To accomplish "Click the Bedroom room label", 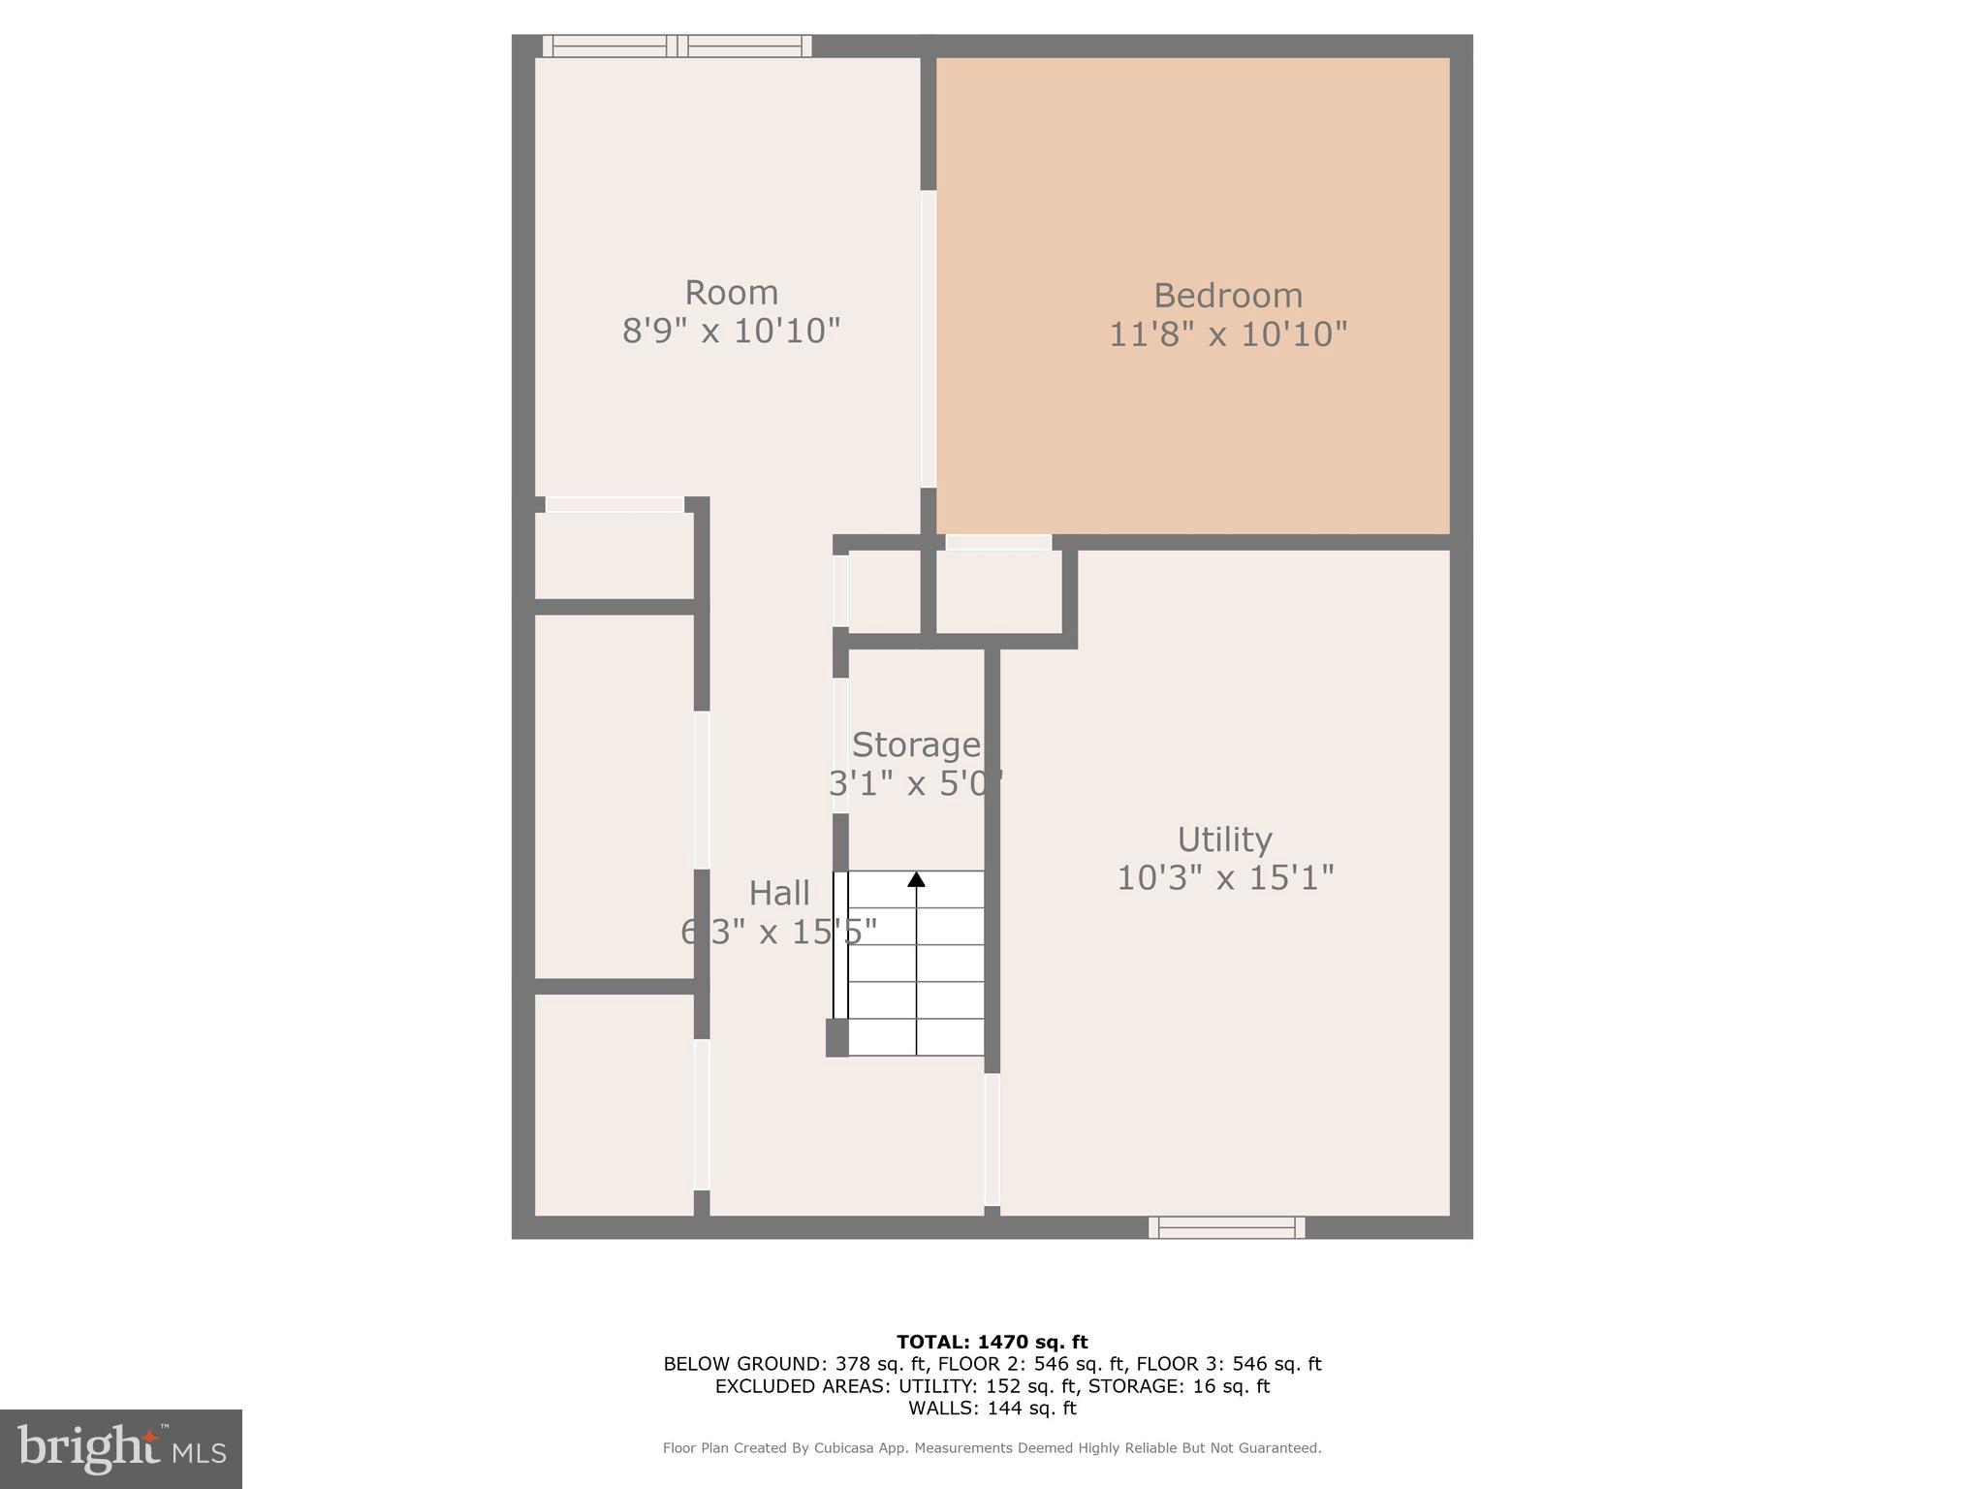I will coord(1227,296).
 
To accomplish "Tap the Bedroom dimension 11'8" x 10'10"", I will coord(1227,334).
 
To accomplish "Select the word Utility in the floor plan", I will coord(1224,840).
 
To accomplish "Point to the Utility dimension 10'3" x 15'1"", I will coord(1225,878).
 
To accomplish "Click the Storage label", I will coord(916,744).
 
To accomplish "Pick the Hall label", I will coord(779,893).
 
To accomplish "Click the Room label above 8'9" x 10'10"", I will coord(731,293).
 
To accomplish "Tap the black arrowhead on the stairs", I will coord(916,879).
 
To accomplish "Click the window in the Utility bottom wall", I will coord(1226,1227).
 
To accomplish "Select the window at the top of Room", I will coord(677,46).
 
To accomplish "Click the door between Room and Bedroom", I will coord(928,338).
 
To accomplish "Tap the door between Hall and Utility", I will coord(992,1139).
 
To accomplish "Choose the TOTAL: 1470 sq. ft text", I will coord(992,1343).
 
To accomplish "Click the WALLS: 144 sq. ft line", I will coord(992,1409).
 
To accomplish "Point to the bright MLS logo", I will coord(121,1449).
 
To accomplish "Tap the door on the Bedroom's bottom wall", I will coord(998,542).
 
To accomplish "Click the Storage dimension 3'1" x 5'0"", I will coord(916,783).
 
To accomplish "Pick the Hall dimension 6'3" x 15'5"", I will coord(779,932).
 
